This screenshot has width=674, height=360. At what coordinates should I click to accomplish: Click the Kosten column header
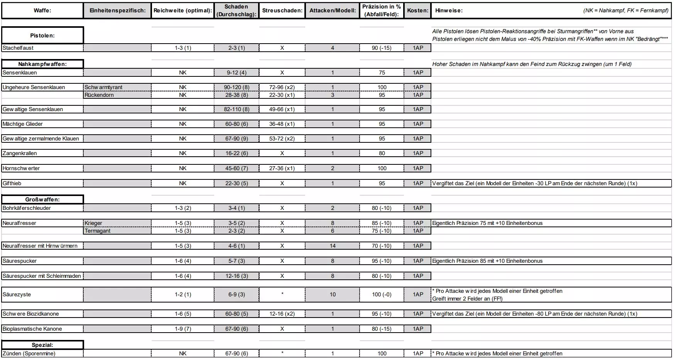coord(418,10)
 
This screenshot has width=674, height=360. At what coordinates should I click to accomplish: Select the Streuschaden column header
coord(282,10)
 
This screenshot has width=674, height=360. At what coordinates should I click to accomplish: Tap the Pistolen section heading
coord(42,35)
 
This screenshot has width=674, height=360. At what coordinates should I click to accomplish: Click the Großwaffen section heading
coord(42,199)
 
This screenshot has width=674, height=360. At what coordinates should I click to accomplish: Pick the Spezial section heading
coord(42,345)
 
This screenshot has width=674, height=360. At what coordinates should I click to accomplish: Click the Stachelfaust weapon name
coord(18,48)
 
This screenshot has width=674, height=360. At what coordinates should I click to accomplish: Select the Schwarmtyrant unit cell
coord(103,87)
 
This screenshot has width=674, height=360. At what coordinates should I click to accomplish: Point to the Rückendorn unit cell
coord(99,95)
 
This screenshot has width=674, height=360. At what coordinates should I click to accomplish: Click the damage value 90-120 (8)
coord(236,87)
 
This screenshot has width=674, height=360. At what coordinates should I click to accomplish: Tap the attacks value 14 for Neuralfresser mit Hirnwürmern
coord(333,246)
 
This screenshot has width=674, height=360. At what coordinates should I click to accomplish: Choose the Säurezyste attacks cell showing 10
coord(333,294)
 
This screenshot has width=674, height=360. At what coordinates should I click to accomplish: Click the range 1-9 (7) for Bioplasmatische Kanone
coord(183,329)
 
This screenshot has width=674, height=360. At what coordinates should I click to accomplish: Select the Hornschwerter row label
coord(21,168)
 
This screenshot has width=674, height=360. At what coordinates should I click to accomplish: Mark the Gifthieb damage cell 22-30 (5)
coord(236,183)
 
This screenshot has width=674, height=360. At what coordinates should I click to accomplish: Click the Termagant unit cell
coord(98,231)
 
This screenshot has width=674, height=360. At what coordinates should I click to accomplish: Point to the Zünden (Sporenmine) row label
coord(29,353)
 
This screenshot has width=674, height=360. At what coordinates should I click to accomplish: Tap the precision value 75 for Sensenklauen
coord(382,73)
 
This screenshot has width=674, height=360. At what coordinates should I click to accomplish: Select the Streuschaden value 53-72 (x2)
coord(282,139)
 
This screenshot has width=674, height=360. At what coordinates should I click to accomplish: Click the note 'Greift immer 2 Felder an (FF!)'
coord(467,299)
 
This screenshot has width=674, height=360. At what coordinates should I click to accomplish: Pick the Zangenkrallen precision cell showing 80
coord(382,153)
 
